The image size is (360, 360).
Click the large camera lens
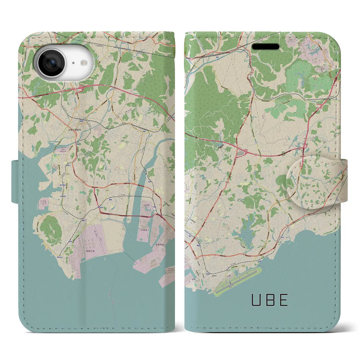coord(51,63)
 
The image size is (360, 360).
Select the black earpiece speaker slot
coord(265,46)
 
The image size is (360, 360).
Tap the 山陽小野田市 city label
coord(75,130)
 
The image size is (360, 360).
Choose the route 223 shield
coord(67,174)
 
